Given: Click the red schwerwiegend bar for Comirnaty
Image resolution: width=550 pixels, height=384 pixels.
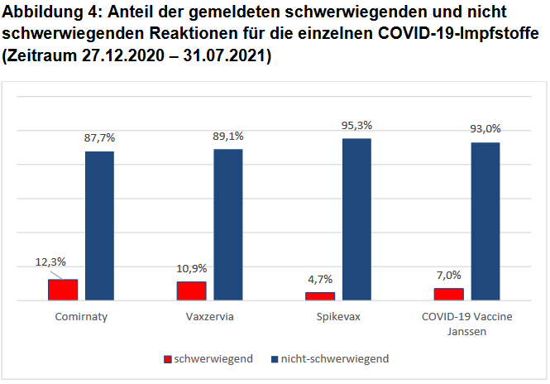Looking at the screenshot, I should (x=63, y=290).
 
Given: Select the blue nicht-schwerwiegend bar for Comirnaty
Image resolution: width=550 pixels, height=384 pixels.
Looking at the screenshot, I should (x=100, y=225).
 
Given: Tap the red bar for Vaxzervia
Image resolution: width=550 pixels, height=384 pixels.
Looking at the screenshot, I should (x=191, y=290).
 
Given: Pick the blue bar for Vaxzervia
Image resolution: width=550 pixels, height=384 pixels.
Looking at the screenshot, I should (x=228, y=224).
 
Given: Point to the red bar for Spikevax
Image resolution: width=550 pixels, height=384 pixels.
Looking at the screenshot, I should (x=320, y=295).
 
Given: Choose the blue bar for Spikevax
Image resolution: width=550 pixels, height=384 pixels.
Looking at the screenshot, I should (x=357, y=218).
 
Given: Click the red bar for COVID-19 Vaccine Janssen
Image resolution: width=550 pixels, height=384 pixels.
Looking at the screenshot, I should (x=449, y=294).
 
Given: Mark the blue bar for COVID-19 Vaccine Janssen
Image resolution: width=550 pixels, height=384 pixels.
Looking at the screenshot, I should (x=486, y=221).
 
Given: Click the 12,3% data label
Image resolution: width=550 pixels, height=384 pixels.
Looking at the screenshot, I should (x=51, y=262).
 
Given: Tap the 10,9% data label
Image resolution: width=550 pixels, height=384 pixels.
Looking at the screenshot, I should (x=192, y=268).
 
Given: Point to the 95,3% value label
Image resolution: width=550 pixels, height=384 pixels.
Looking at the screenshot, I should (x=357, y=126).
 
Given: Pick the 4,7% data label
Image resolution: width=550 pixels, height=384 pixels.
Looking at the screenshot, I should (x=320, y=279).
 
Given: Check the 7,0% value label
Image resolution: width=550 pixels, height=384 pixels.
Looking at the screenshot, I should (x=449, y=275).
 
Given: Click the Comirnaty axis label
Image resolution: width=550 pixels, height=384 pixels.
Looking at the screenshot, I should (x=81, y=317).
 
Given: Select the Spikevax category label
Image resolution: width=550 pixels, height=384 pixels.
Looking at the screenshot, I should (x=338, y=317).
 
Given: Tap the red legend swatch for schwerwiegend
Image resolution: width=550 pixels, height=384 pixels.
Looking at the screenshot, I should (x=167, y=359).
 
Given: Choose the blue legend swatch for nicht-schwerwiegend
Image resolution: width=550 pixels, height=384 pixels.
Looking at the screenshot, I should (x=273, y=359).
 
